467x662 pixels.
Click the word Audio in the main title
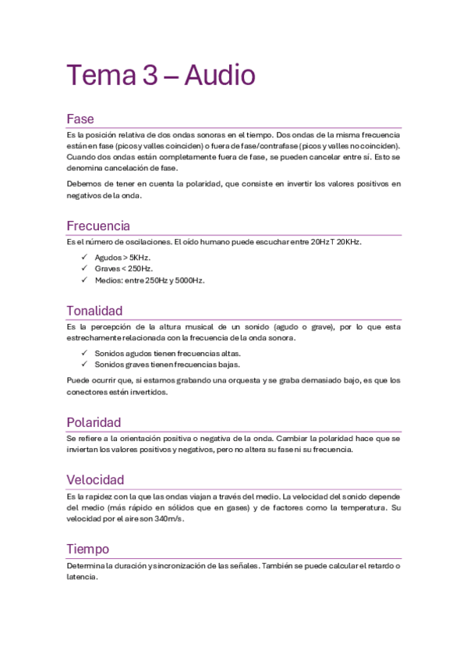click(220, 76)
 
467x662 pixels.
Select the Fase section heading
click(80, 119)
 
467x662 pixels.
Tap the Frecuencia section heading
click(98, 226)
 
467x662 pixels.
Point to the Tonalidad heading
click(94, 311)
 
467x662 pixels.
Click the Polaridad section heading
click(94, 422)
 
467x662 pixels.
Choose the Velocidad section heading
click(95, 479)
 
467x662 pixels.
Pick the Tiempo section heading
click(87, 549)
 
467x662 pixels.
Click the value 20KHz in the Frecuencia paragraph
click(348, 242)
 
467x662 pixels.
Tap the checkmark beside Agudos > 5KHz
click(84, 257)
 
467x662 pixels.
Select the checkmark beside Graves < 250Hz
click(84, 269)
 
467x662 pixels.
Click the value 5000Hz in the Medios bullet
click(188, 280)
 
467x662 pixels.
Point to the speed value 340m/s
click(169, 518)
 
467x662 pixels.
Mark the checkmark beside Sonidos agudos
click(84, 353)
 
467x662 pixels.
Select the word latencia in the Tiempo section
click(82, 578)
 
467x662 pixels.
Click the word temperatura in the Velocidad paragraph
click(358, 507)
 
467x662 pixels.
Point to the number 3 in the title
click(149, 76)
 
